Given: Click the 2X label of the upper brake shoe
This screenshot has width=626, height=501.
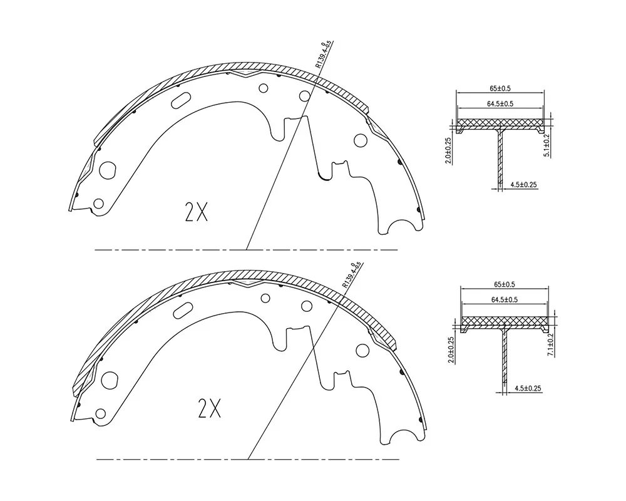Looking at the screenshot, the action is click(x=197, y=212).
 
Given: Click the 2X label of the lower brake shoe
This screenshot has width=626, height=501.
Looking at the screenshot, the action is click(x=209, y=408).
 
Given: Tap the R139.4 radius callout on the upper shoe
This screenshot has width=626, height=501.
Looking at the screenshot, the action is click(x=324, y=54).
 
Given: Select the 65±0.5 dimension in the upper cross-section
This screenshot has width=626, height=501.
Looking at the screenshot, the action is click(x=500, y=88).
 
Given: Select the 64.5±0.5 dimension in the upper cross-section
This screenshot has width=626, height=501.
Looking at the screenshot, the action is click(x=500, y=104).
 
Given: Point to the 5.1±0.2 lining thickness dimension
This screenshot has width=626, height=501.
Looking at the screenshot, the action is click(x=546, y=145).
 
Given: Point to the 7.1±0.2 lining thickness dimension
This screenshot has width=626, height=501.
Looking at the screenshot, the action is click(x=550, y=345).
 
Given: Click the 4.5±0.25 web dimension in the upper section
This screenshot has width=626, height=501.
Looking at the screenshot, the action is click(x=523, y=185).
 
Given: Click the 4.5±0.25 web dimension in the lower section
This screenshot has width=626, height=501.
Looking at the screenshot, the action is click(x=528, y=388).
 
